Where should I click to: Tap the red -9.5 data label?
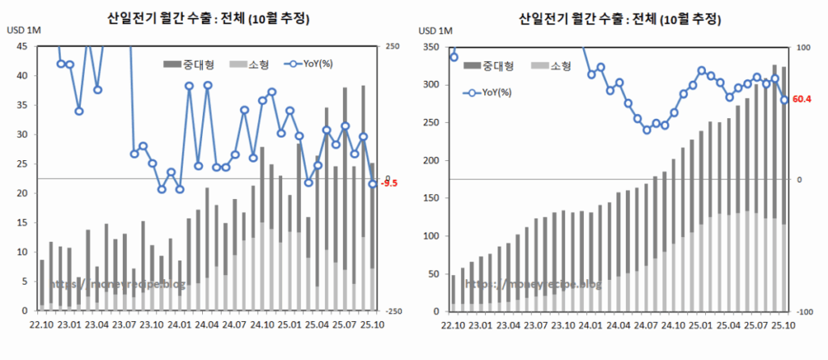[x=390, y=184]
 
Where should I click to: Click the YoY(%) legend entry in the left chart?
[x=311, y=63]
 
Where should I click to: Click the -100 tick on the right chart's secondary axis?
[x=801, y=311]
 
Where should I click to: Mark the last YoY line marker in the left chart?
[x=372, y=184]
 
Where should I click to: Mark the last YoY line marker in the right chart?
[x=784, y=100]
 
